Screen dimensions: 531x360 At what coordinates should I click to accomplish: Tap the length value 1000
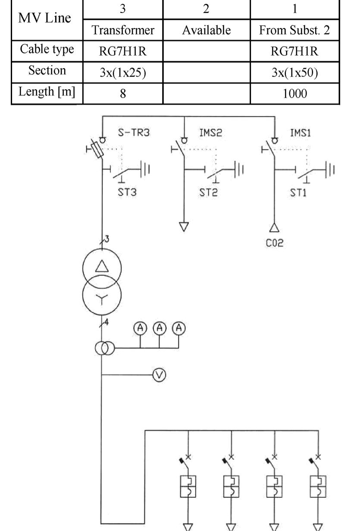click(x=295, y=93)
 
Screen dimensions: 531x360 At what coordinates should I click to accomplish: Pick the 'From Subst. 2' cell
click(x=295, y=31)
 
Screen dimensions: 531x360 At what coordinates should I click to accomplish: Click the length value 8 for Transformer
click(x=122, y=93)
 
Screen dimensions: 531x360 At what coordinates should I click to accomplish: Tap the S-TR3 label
click(x=134, y=133)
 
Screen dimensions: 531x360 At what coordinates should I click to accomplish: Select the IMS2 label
click(x=210, y=133)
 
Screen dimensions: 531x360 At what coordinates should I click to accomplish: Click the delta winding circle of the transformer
click(x=102, y=270)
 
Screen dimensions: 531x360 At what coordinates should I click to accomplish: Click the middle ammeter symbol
click(x=160, y=328)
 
